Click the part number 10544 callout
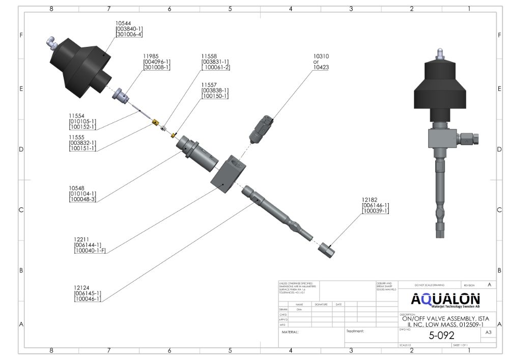click(x=123, y=23)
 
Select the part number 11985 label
click(x=151, y=56)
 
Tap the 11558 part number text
click(x=209, y=56)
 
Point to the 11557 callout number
click(x=209, y=85)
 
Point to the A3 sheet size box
click(x=488, y=333)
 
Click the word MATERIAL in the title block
click(x=290, y=332)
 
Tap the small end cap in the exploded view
click(x=326, y=250)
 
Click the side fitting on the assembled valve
click(x=471, y=137)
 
